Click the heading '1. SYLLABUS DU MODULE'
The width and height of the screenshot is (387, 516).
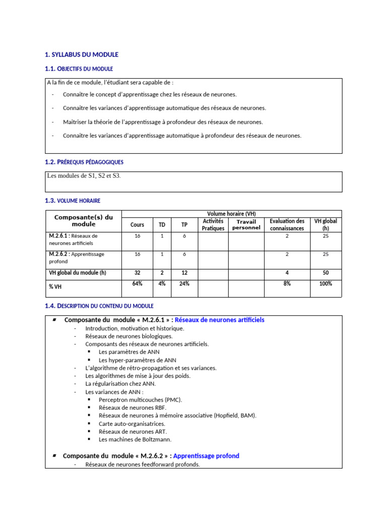82,54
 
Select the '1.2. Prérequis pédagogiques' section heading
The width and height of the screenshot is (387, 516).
84,162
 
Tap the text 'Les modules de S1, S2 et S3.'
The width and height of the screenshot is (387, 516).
84,176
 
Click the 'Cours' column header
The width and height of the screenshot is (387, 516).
137,225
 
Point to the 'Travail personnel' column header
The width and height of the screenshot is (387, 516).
246,225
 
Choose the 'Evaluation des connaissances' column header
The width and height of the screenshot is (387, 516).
287,225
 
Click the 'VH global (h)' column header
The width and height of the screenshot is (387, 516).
326,225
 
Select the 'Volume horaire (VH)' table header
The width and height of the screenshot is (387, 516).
232,214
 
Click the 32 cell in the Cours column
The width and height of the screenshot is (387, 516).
137,273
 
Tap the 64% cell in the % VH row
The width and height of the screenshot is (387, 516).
137,284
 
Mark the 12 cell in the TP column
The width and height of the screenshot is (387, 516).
184,273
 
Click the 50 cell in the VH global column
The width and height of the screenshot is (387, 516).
326,273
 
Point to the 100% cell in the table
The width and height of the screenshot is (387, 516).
326,284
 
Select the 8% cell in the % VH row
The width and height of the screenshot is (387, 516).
287,284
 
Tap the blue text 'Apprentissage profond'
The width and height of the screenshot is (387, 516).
206,456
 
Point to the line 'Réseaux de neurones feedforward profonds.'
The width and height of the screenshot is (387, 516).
143,465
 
